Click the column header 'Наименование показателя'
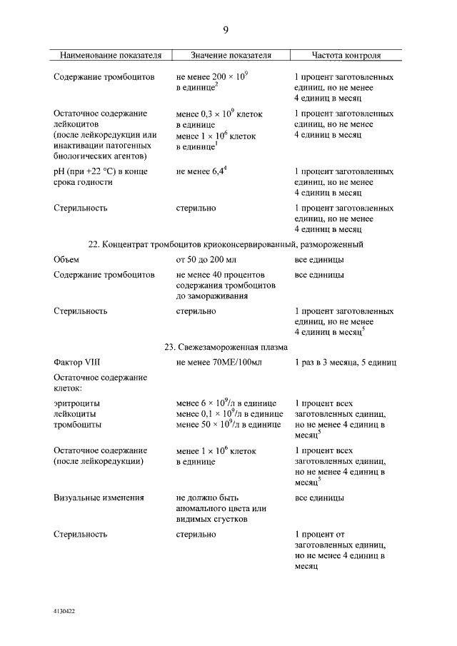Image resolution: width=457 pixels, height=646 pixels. coord(110,55)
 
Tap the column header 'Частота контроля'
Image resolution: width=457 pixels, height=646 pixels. coord(346,55)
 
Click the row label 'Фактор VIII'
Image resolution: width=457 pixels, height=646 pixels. coord(77,363)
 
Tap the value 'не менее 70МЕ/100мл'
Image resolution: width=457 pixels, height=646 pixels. coord(220,363)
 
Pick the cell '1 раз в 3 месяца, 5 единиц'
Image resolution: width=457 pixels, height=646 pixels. coord(346,363)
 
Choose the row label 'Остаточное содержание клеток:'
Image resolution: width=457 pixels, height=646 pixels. coord(100,383)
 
